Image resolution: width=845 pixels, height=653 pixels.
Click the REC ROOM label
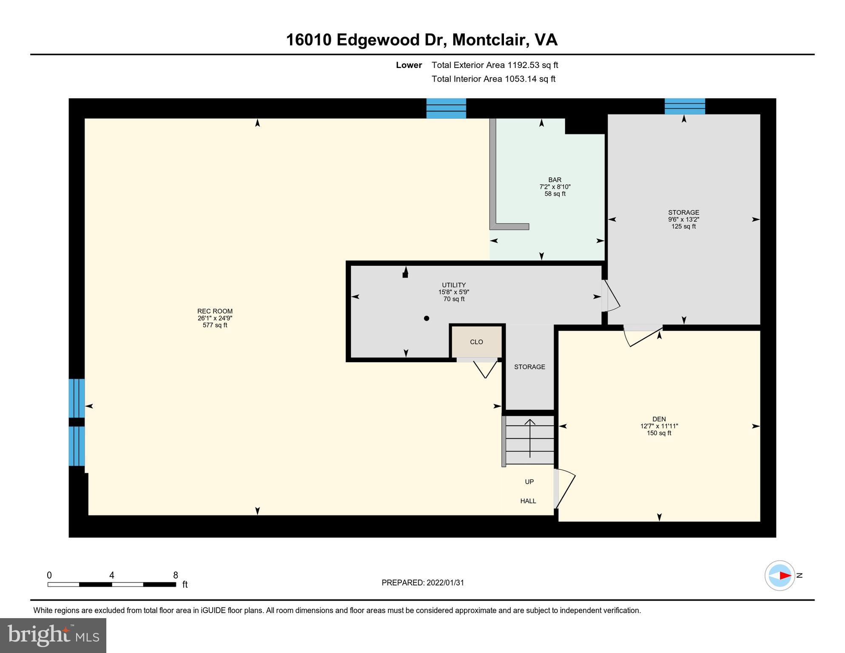(215, 311)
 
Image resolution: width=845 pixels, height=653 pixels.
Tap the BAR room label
(555, 180)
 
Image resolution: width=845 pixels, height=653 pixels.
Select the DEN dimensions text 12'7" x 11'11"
(659, 426)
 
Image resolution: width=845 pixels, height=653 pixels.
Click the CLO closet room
(476, 342)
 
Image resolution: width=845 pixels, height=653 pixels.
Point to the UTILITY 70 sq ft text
(454, 299)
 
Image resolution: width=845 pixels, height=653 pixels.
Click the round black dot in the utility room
(427, 318)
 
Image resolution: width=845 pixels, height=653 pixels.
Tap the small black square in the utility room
(405, 275)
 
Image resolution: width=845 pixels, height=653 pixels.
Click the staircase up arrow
(529, 438)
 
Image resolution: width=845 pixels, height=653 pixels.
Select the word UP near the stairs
(529, 482)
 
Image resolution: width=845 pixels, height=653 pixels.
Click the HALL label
(528, 501)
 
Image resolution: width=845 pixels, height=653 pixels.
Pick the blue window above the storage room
(685, 106)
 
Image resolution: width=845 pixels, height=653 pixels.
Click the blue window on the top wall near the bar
(446, 108)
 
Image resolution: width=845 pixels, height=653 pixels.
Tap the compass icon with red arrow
(780, 576)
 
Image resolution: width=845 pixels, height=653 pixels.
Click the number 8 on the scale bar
(175, 575)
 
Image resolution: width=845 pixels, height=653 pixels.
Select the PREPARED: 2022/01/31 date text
(422, 583)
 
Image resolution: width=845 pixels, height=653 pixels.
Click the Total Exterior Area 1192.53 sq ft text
(495, 65)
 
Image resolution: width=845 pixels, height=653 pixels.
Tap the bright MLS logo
(53, 635)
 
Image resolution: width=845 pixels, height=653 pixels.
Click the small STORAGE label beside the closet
(529, 367)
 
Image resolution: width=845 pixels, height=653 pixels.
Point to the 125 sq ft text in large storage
(683, 227)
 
